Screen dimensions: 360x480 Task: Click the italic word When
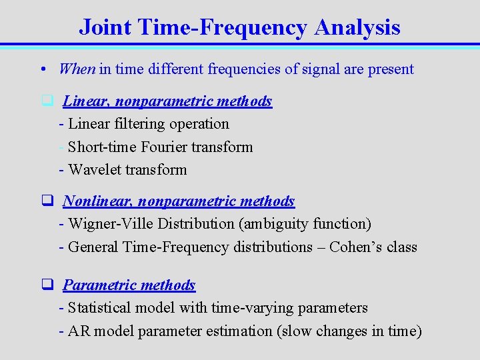77,69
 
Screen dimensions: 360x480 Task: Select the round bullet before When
42,69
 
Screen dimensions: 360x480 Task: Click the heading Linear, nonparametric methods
167,101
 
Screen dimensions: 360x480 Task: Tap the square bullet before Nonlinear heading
47,201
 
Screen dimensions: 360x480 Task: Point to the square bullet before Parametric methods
47,285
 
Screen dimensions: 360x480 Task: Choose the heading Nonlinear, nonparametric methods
179,201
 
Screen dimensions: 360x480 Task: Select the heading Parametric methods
129,285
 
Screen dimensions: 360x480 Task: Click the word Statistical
100,307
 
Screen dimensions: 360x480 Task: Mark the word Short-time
93,147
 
